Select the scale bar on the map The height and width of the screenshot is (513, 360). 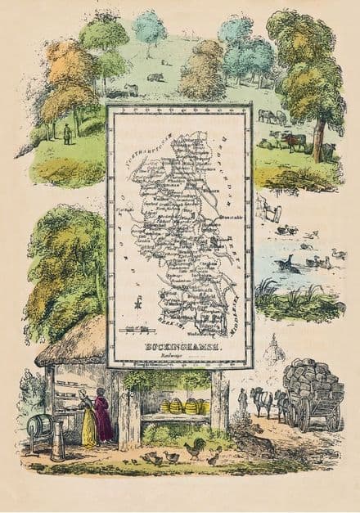coord(137,329)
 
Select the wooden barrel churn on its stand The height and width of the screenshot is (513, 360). coord(40,425)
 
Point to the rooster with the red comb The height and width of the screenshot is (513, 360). coord(195,448)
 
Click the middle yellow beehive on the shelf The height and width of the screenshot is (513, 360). coord(190,407)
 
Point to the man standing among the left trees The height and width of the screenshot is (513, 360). coord(67,133)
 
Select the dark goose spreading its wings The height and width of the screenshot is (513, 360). coord(286,263)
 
